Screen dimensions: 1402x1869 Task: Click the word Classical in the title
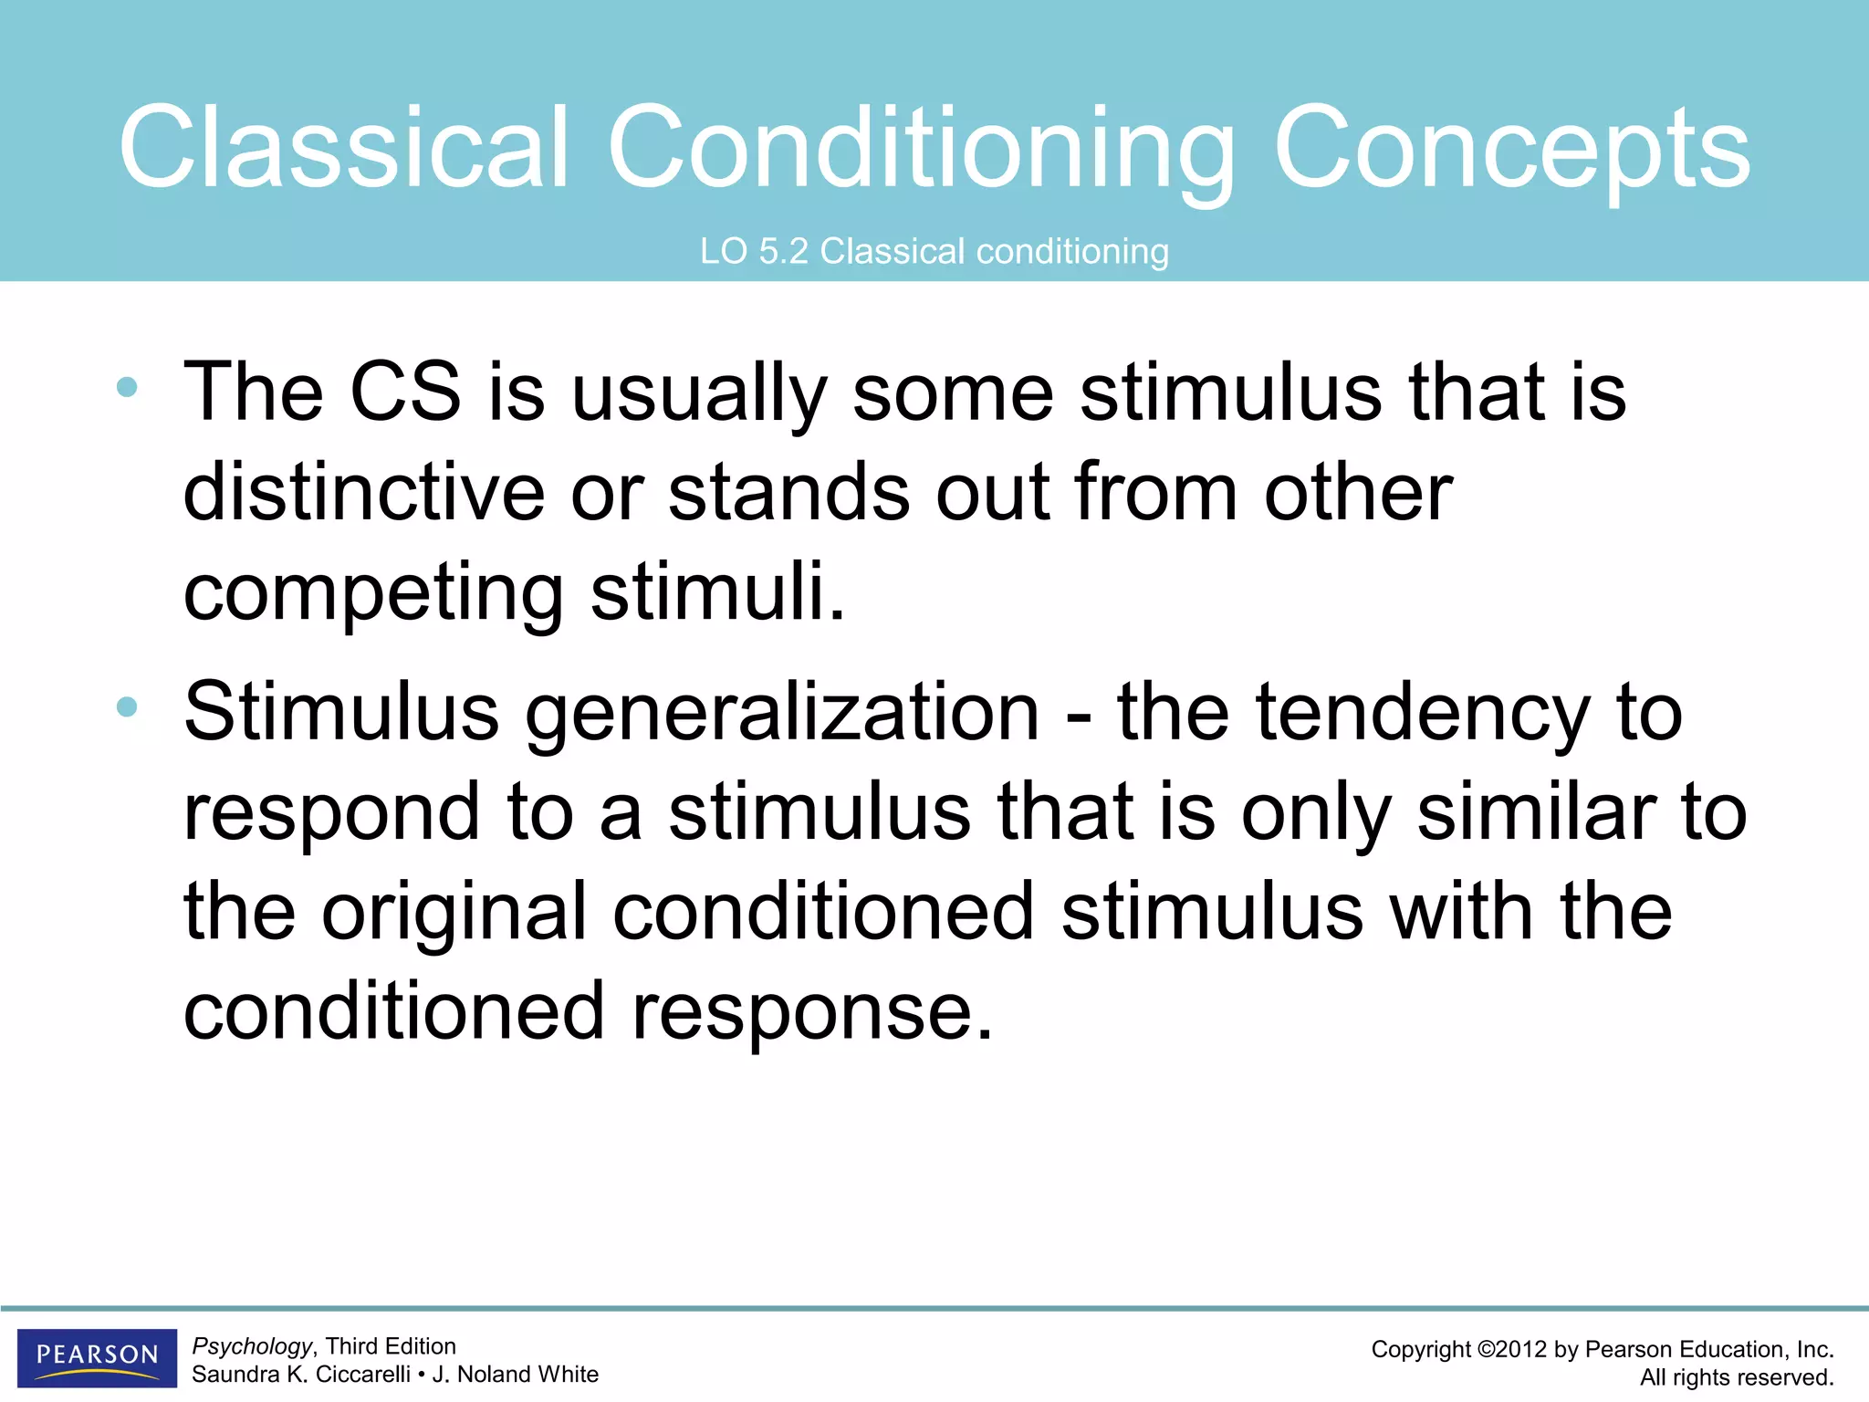click(345, 148)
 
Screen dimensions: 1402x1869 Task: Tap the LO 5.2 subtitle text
click(934, 251)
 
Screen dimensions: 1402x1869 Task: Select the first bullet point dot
click(127, 387)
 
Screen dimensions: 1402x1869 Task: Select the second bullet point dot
click(127, 706)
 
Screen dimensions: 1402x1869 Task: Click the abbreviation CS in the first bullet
click(405, 392)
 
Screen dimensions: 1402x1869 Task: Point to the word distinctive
click(363, 493)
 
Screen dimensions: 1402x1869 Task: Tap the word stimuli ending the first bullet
click(717, 591)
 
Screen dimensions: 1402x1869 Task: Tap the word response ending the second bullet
click(811, 1011)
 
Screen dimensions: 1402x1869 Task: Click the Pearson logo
click(97, 1356)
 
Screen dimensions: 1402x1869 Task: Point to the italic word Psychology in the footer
click(252, 1346)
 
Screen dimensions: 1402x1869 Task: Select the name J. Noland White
click(515, 1375)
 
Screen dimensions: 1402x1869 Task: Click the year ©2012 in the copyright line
click(1511, 1350)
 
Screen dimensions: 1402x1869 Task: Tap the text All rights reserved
click(1737, 1377)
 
